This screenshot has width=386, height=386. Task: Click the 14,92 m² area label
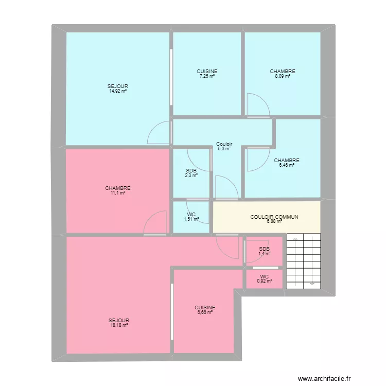(118, 91)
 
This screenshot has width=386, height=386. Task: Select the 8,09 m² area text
(283, 76)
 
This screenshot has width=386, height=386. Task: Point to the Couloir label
(224, 144)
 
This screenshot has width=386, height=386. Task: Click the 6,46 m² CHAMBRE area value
(287, 165)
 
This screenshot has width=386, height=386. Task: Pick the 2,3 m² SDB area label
(191, 175)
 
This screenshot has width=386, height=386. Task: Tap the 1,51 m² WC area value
(191, 218)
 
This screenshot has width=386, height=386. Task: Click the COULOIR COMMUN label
(274, 217)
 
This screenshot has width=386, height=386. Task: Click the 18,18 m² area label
(118, 325)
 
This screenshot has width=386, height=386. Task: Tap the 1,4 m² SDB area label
(265, 254)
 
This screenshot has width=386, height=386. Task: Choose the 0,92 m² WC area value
(265, 281)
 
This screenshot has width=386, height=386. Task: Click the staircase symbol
(304, 261)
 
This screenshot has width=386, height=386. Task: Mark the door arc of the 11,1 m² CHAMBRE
(155, 223)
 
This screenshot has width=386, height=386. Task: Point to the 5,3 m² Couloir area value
(224, 149)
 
